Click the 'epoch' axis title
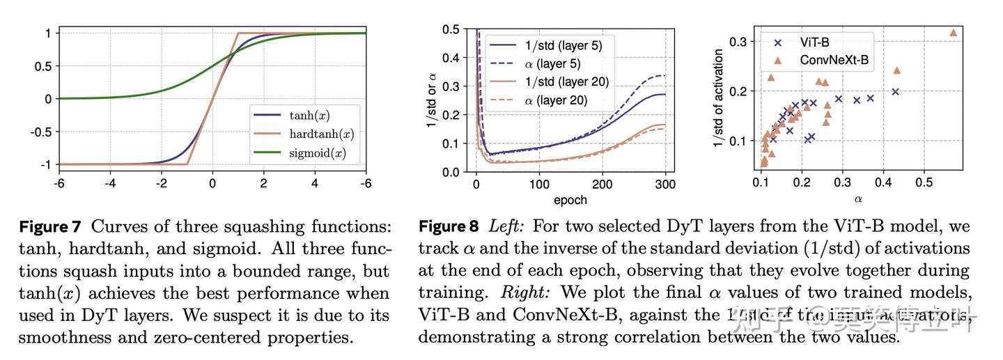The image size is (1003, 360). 570,200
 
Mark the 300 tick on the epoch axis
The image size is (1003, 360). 665,185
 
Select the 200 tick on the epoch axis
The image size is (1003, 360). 602,185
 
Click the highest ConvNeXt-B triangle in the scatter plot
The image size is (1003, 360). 954,32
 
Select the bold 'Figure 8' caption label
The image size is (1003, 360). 449,227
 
